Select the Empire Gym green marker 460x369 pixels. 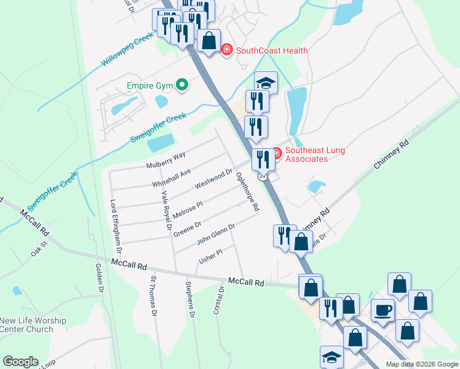pyautogui.click(x=182, y=85)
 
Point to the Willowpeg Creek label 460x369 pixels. pyautogui.click(x=127, y=51)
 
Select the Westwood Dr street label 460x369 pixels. pyautogui.click(x=213, y=180)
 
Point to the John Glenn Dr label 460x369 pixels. pyautogui.click(x=215, y=234)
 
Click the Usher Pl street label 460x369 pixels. pyautogui.click(x=210, y=256)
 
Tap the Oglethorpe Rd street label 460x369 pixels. pyautogui.click(x=247, y=191)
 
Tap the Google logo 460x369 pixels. pyautogui.click(x=20, y=362)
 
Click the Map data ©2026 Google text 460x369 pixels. pyautogui.click(x=421, y=364)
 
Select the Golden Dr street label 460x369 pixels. pyautogui.click(x=98, y=277)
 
